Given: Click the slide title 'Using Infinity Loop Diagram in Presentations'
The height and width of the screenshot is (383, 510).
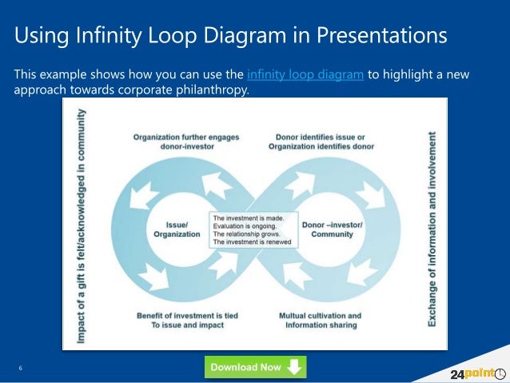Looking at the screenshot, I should pyautogui.click(x=230, y=37).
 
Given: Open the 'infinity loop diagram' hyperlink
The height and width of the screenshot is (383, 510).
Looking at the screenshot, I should pyautogui.click(x=305, y=74).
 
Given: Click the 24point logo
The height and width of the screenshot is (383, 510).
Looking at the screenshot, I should pyautogui.click(x=472, y=372).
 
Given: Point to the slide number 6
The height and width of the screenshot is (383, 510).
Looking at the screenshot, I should pyautogui.click(x=20, y=368).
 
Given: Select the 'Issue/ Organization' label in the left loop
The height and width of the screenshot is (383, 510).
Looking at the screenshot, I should pyautogui.click(x=177, y=229).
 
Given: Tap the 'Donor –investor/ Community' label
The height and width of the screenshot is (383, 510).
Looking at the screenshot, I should pyautogui.click(x=332, y=229).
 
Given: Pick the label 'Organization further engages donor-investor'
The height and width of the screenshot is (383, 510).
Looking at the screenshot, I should pyautogui.click(x=185, y=142).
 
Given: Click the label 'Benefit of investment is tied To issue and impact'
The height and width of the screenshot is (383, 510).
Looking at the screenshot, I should pyautogui.click(x=187, y=320).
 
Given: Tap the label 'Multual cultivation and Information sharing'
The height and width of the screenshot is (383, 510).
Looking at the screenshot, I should pyautogui.click(x=319, y=320).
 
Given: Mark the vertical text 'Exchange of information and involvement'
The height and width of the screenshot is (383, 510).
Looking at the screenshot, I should pyautogui.click(x=432, y=229).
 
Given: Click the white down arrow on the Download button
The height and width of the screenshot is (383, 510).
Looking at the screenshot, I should pyautogui.click(x=294, y=367).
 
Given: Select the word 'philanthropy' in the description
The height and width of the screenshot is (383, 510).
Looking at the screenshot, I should pyautogui.click(x=214, y=90).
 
